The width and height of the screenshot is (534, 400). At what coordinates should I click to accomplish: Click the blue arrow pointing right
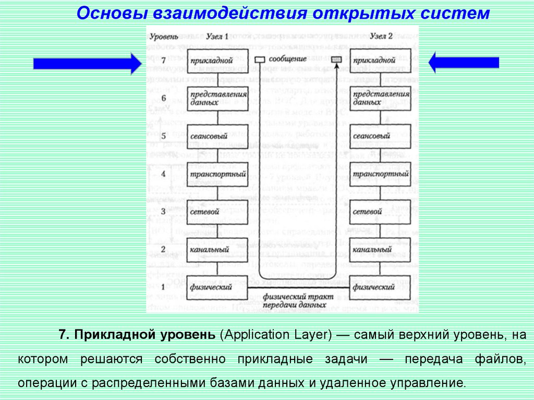click(x=87, y=64)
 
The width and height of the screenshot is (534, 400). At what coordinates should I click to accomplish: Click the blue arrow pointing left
click(x=463, y=63)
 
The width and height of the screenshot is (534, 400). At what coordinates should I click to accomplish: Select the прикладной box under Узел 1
click(x=212, y=61)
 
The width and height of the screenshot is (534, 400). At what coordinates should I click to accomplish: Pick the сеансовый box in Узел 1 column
click(x=211, y=136)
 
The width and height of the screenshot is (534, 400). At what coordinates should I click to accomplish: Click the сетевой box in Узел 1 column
click(x=211, y=212)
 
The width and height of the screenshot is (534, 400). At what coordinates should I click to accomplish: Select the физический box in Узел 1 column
click(x=211, y=287)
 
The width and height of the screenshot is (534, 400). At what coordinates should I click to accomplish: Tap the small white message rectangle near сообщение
click(x=259, y=60)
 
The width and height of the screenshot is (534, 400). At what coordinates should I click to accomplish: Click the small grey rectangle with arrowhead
click(x=336, y=60)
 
